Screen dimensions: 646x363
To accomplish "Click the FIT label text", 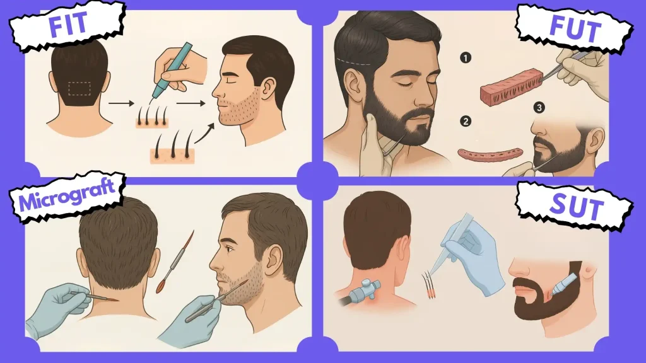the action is pos(68,23).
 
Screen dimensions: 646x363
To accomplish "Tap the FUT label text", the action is pos(575,29).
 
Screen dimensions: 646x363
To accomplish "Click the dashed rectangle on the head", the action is pos(79,88).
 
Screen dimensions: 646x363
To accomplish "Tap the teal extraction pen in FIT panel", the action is pos(172,70).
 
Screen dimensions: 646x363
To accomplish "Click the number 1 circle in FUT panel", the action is pos(465,57).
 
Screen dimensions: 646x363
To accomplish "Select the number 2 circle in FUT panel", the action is pos(466,122).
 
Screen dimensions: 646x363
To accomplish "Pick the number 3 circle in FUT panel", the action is pos(539,108).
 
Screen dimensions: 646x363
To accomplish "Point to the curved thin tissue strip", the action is pos(490,154).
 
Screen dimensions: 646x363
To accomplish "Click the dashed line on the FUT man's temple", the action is pos(353,62).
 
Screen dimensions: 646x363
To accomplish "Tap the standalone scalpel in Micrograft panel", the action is pos(175,262).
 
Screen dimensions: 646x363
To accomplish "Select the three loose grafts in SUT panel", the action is pos(428,284).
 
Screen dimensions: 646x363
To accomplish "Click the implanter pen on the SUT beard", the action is pos(561,284).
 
